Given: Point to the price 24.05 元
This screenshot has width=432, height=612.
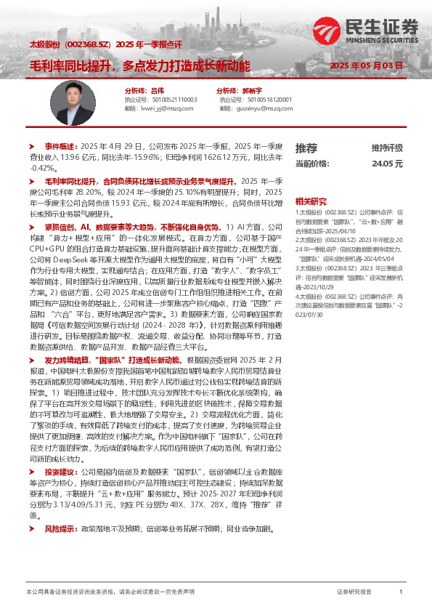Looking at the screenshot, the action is point(387,164).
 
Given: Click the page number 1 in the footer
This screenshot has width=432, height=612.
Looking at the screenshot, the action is point(401,592).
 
